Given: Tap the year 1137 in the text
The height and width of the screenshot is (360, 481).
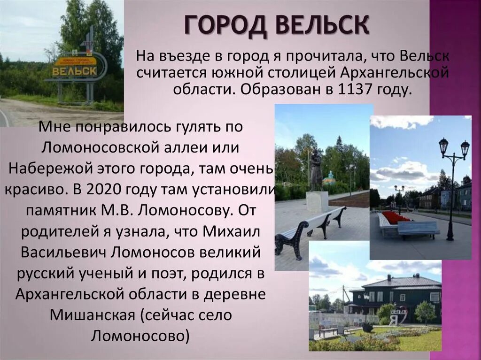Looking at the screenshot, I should coord(353,89).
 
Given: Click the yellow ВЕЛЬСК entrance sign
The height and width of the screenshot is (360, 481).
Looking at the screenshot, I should coord(75,70).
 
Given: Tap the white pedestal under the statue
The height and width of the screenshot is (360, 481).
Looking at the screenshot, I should coord(317,202).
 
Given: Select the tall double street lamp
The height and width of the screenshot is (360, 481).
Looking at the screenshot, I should coord(452,188).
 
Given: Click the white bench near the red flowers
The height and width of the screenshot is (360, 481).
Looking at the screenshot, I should coord(418,229).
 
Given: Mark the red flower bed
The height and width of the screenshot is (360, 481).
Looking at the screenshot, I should coord(396,217).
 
